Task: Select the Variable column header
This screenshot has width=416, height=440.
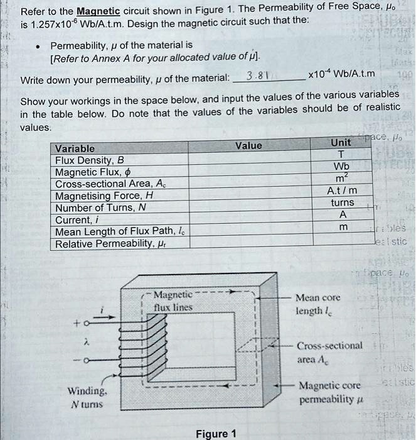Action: [x=75, y=148]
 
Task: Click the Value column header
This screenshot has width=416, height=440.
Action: [x=248, y=145]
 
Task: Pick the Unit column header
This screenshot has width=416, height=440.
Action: [x=341, y=143]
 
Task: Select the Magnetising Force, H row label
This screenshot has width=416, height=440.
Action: [x=104, y=195]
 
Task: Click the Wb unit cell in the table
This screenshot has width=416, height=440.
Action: [x=341, y=167]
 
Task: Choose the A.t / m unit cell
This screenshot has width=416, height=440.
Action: [x=341, y=191]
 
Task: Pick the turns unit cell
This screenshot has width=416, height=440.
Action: [x=341, y=203]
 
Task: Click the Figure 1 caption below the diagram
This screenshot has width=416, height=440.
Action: [x=216, y=434]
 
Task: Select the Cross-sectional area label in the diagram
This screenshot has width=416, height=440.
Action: [x=329, y=351]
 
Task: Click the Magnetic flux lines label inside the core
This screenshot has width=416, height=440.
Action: [x=173, y=300]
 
